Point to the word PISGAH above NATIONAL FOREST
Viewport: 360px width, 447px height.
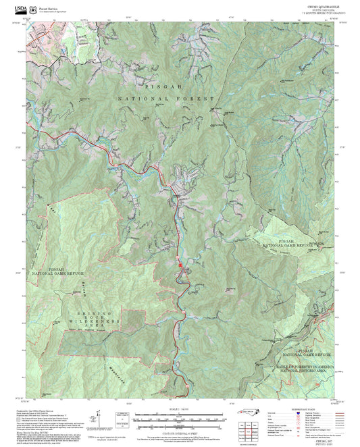(x=159, y=87)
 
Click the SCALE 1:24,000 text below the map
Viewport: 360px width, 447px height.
(x=180, y=409)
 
